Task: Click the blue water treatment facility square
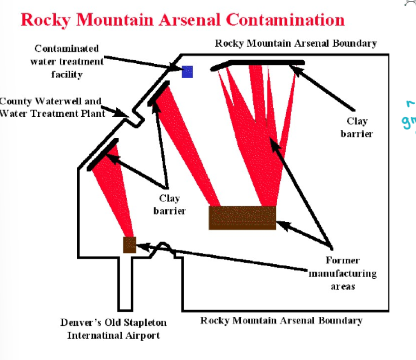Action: click(187, 71)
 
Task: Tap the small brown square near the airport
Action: click(129, 245)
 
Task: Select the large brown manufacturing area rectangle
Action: click(243, 218)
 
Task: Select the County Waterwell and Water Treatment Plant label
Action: click(52, 107)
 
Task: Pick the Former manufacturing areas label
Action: click(342, 273)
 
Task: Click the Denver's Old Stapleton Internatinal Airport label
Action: click(113, 329)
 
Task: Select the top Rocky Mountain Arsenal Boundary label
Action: click(296, 44)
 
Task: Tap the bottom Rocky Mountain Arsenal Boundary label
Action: click(281, 320)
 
